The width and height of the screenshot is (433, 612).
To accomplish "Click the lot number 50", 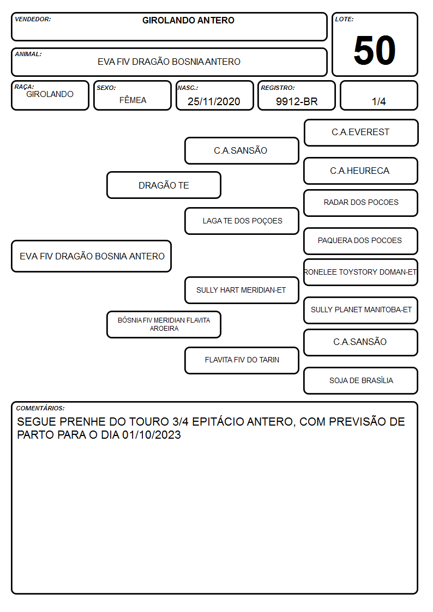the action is point(375,50).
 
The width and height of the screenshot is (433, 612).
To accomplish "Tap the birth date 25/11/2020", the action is point(214,101).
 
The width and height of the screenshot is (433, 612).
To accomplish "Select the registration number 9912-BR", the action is point(297,101).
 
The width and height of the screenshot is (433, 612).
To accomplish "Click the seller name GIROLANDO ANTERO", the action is point(188,20).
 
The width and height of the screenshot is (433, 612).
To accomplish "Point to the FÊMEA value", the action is point(133,100).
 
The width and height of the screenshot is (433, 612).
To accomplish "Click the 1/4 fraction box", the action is point(378,95).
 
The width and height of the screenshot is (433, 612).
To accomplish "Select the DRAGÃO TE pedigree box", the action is point(164,185).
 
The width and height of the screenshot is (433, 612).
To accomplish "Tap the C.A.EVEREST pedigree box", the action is point(361,133).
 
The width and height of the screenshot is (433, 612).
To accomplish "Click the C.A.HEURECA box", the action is point(360,171).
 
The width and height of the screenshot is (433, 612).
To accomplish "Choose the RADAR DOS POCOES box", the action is point(360,203).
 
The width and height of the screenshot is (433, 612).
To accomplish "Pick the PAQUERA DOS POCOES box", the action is point(360,241).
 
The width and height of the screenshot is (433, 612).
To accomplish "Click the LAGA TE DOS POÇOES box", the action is point(242,221).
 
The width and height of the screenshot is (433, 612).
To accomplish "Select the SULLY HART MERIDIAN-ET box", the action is point(242,290).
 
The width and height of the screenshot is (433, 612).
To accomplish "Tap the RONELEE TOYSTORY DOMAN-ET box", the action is point(360,272).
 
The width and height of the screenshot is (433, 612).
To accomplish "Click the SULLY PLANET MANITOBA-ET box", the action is point(360,310).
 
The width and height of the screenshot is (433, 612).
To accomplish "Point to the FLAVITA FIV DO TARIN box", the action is point(242,360).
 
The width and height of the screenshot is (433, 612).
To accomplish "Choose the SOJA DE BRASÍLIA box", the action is point(360,380).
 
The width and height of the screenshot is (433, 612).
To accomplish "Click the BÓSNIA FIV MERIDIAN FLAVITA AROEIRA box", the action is point(164,324).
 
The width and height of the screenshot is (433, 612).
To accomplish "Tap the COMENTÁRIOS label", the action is point(40,408).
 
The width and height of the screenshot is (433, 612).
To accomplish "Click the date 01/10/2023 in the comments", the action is point(152,435).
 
